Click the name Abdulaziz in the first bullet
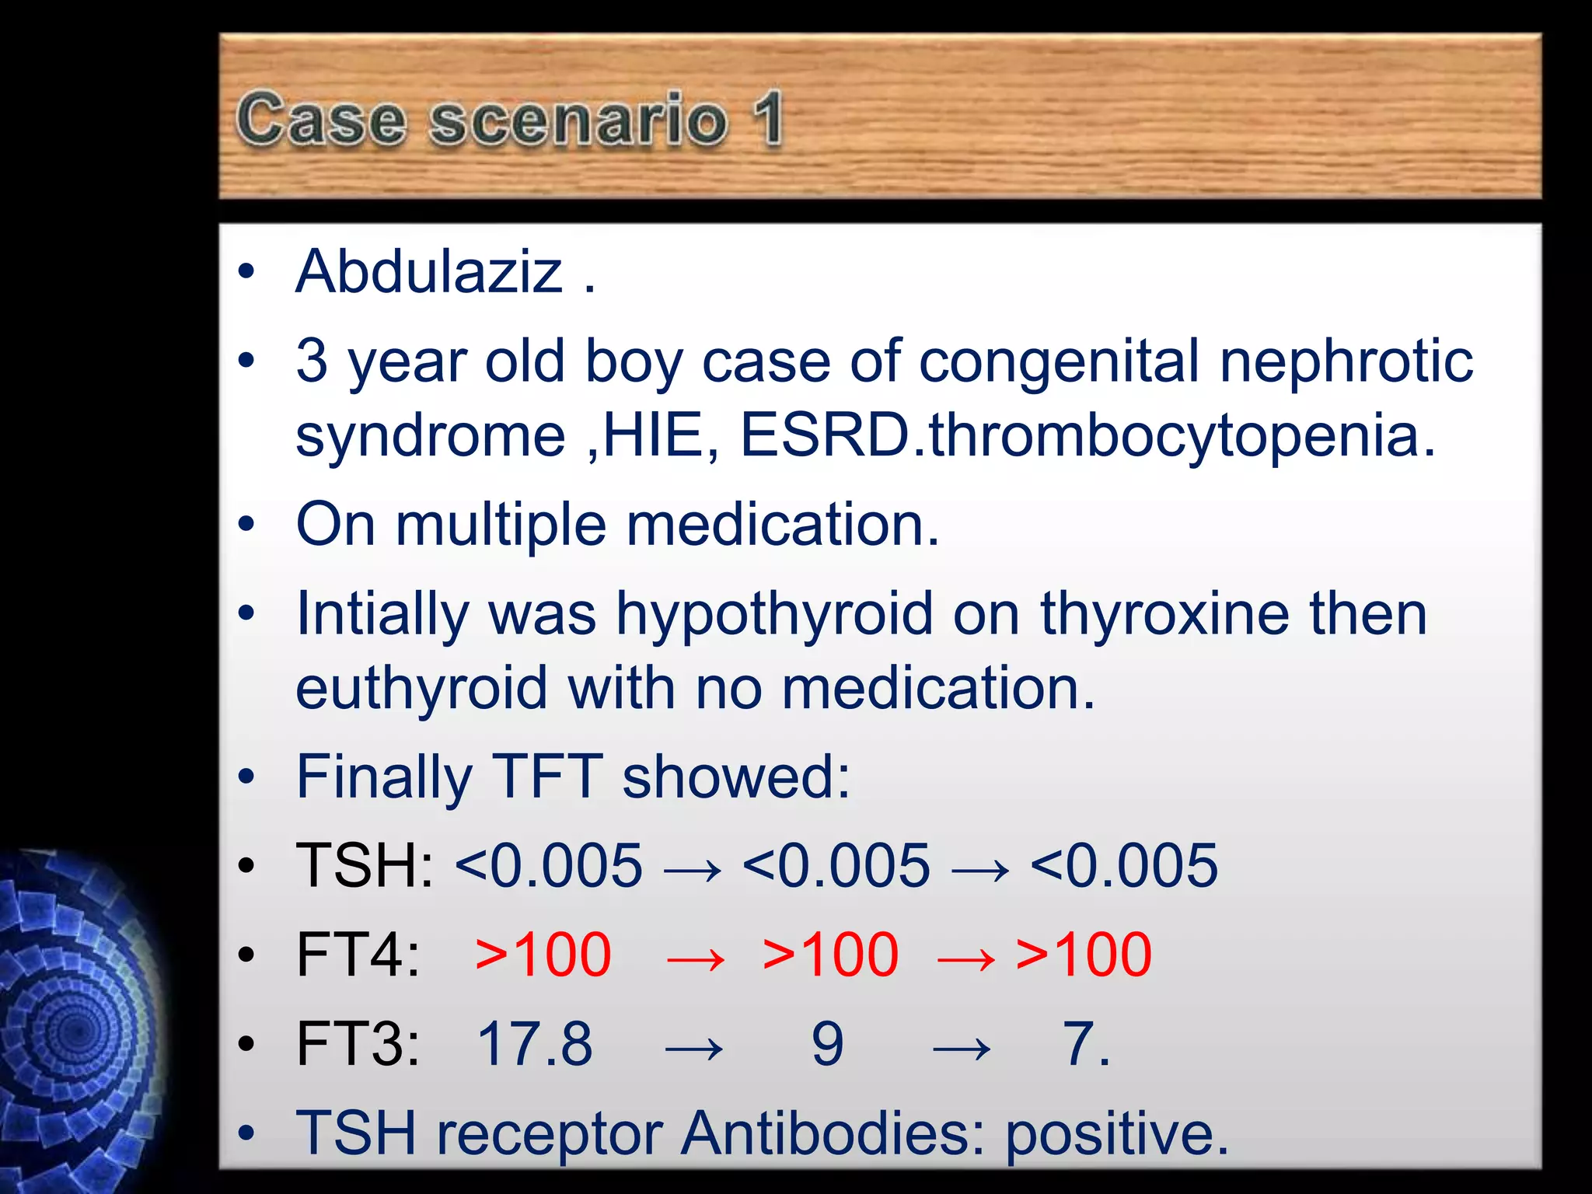tap(429, 272)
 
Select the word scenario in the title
tap(578, 120)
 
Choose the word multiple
tap(501, 525)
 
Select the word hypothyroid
tap(774, 614)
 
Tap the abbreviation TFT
tap(548, 777)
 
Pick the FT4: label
tap(358, 955)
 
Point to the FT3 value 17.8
tap(535, 1044)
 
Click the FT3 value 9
tap(827, 1044)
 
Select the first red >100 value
tap(543, 955)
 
